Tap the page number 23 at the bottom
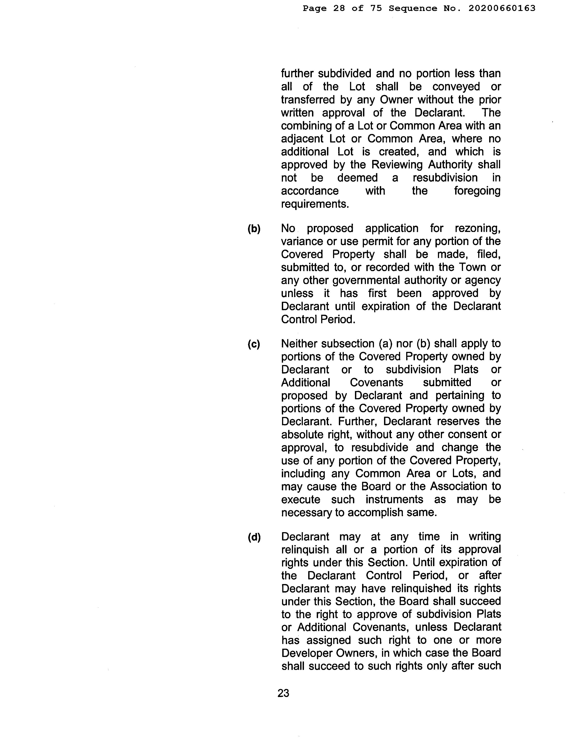[x=283, y=693]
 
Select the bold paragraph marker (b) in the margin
[x=254, y=229]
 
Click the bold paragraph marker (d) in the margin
[x=254, y=537]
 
